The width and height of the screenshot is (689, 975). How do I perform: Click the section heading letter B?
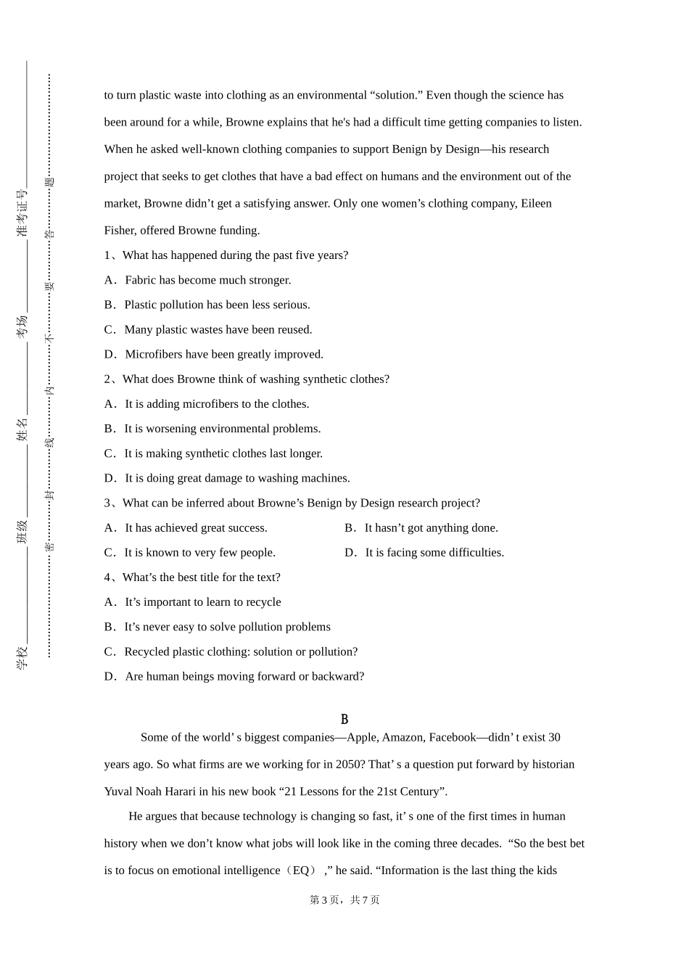click(x=344, y=720)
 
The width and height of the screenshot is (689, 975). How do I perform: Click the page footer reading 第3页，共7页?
click(x=344, y=900)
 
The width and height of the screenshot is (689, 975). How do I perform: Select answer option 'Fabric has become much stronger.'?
click(x=207, y=280)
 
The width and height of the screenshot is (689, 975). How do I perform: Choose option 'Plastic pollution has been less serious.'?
click(x=217, y=305)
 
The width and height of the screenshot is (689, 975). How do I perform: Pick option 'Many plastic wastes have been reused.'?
click(x=218, y=329)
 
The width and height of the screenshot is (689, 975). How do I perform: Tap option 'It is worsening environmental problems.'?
click(x=222, y=429)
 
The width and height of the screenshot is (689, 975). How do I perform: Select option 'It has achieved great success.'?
click(x=196, y=528)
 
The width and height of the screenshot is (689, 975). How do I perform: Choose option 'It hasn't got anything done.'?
click(x=431, y=528)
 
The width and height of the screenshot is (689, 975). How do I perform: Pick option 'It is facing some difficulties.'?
click(x=434, y=553)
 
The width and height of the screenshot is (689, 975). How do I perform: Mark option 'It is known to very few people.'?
click(x=199, y=553)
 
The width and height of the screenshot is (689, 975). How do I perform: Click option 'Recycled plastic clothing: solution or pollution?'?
click(x=241, y=651)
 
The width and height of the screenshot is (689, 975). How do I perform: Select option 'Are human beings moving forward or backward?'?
click(x=244, y=676)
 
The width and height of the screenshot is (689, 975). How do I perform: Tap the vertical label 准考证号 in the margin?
click(x=22, y=213)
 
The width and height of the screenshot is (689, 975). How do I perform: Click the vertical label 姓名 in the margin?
click(x=22, y=429)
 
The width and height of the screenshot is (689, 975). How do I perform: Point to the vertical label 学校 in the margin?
click(x=22, y=657)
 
